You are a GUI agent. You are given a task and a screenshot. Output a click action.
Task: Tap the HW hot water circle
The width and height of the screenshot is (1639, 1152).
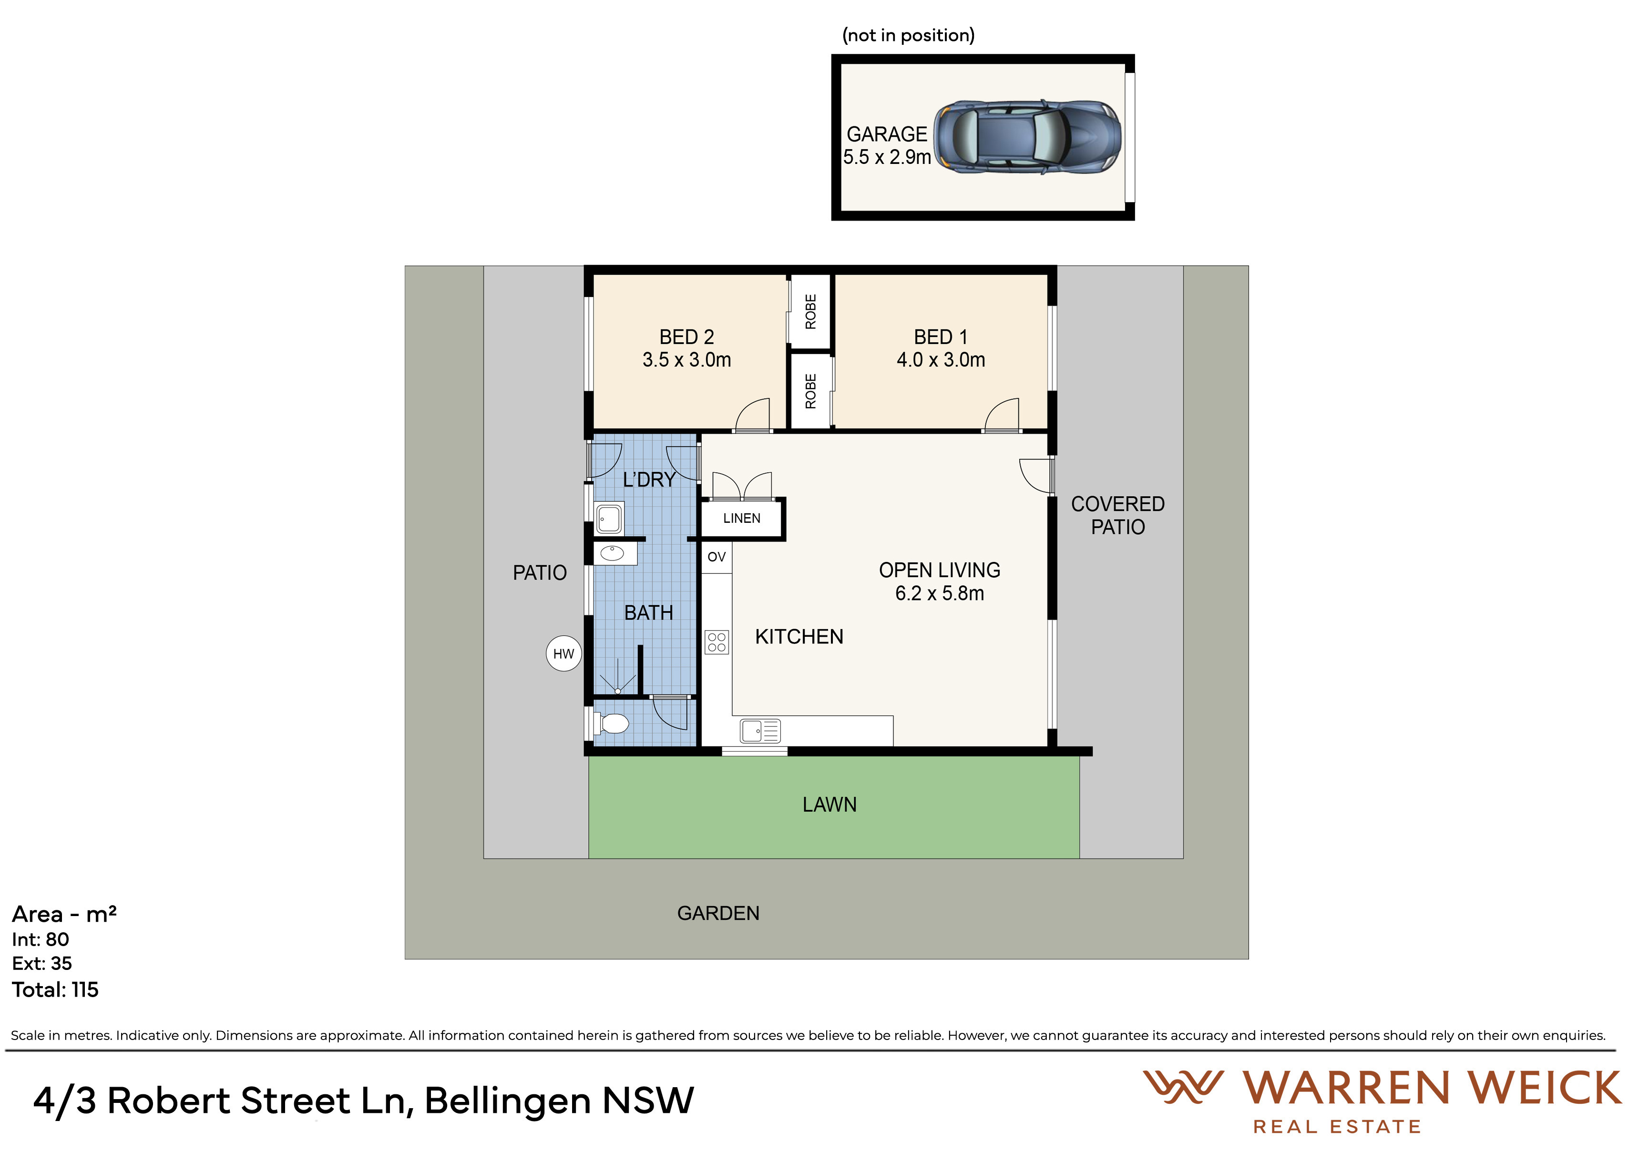point(564,654)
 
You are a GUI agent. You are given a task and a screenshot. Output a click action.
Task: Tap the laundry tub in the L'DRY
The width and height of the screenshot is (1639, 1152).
point(609,518)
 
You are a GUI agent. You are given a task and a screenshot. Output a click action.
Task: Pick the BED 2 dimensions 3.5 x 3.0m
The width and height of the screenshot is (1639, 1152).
point(686,360)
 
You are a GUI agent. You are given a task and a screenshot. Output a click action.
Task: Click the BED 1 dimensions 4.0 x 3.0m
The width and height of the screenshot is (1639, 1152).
point(941,360)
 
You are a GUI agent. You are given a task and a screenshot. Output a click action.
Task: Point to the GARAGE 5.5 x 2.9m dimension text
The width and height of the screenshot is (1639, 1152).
point(887,157)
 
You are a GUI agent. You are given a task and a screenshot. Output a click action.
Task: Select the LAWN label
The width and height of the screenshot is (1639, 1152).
point(830,805)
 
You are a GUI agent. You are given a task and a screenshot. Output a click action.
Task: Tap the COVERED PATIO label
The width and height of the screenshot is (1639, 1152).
point(1118,515)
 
